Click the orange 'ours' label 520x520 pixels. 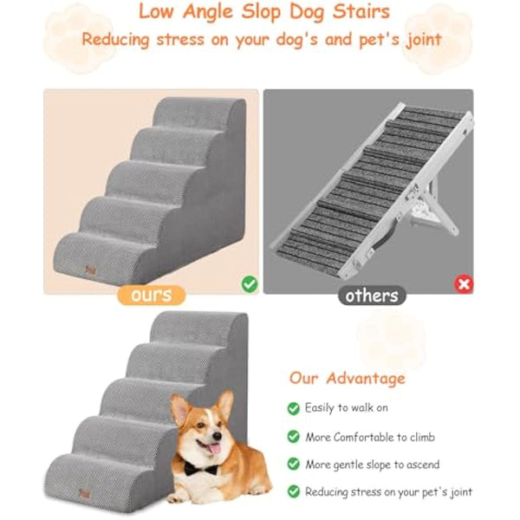pos(150,296)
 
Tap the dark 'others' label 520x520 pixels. pos(372,296)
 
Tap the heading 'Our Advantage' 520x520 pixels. pos(347,378)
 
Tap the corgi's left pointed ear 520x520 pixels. pos(180,406)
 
